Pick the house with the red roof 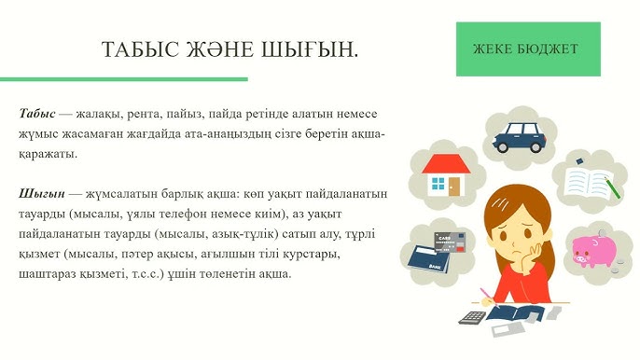tap(446, 174)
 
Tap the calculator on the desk tap(473, 317)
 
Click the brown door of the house tap(454, 186)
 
